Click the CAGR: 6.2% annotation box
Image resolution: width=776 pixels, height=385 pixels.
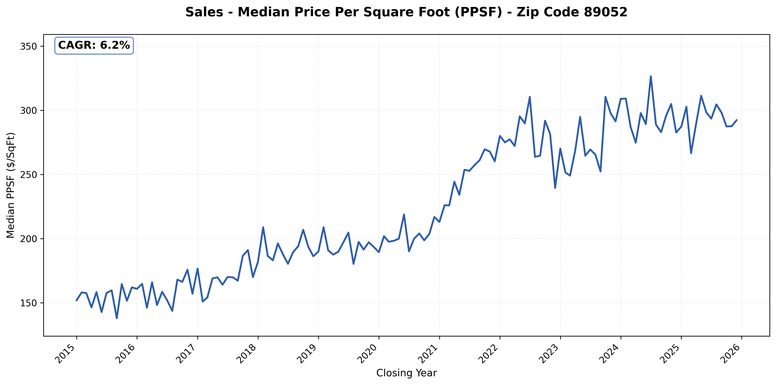click(94, 45)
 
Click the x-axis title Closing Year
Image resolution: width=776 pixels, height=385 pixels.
click(406, 373)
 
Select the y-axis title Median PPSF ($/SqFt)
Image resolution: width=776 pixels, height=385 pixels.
click(11, 185)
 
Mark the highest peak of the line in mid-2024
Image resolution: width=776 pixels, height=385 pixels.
click(651, 76)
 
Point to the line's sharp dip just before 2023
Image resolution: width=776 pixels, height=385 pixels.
click(555, 188)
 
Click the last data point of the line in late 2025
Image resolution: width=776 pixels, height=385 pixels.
click(737, 120)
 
